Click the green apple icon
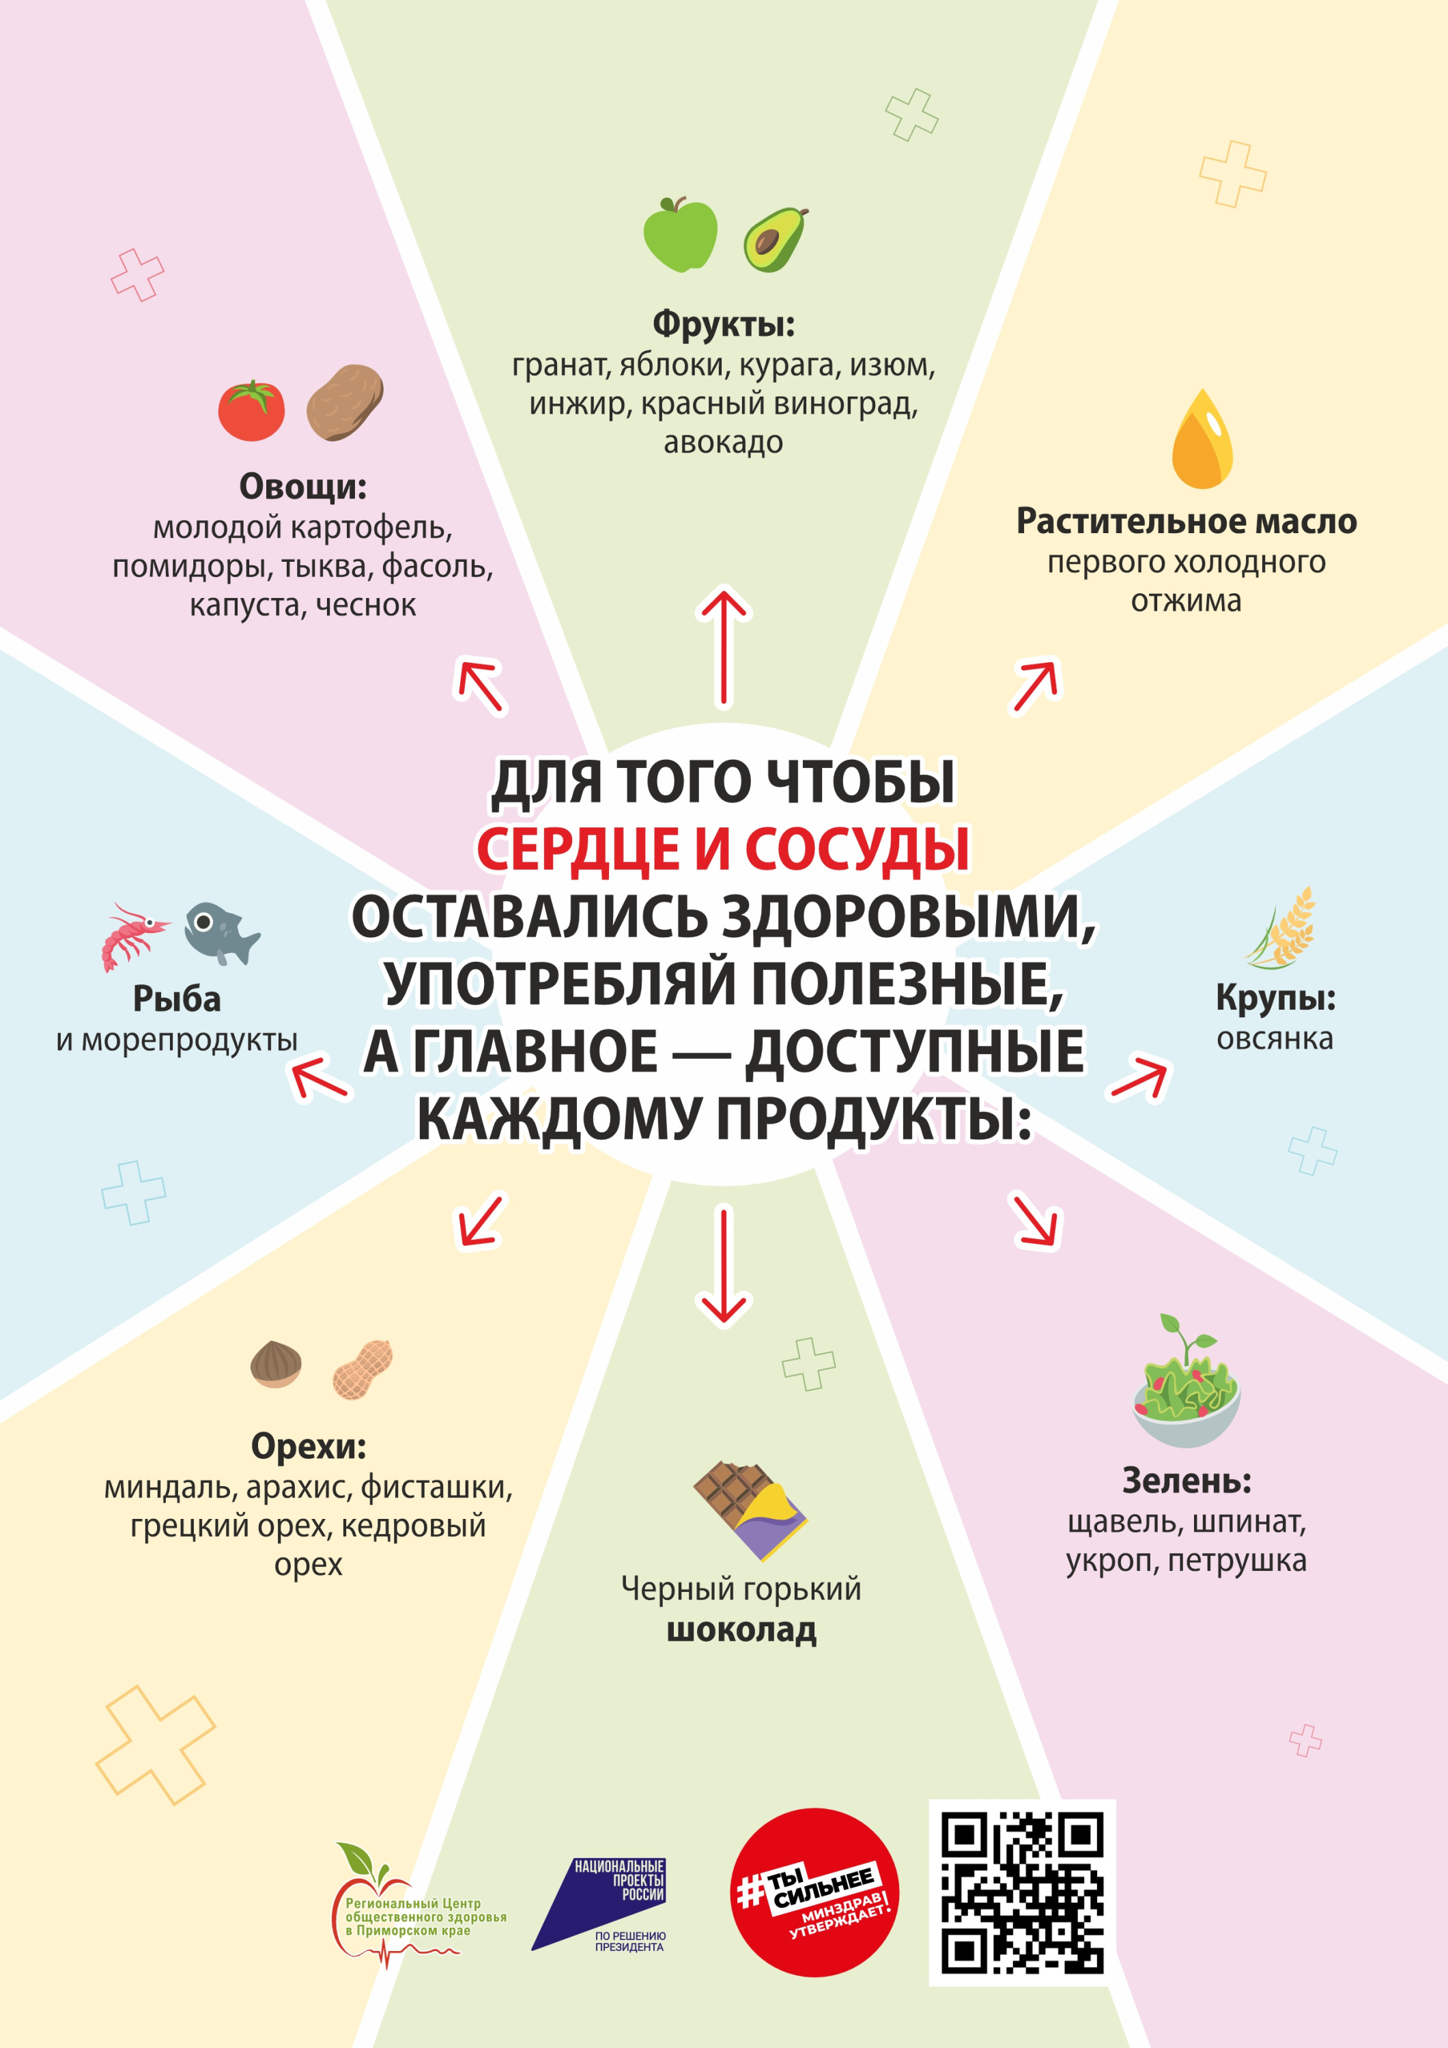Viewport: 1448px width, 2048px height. point(680,235)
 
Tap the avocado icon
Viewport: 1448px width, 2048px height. point(776,239)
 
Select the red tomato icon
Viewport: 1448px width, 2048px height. point(252,410)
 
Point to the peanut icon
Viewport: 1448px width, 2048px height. point(363,1369)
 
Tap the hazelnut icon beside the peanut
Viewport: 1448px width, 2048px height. point(276,1365)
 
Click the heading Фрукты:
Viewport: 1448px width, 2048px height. point(724,323)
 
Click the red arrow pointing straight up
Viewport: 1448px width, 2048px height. point(724,648)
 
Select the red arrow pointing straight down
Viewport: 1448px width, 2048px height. point(724,1266)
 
